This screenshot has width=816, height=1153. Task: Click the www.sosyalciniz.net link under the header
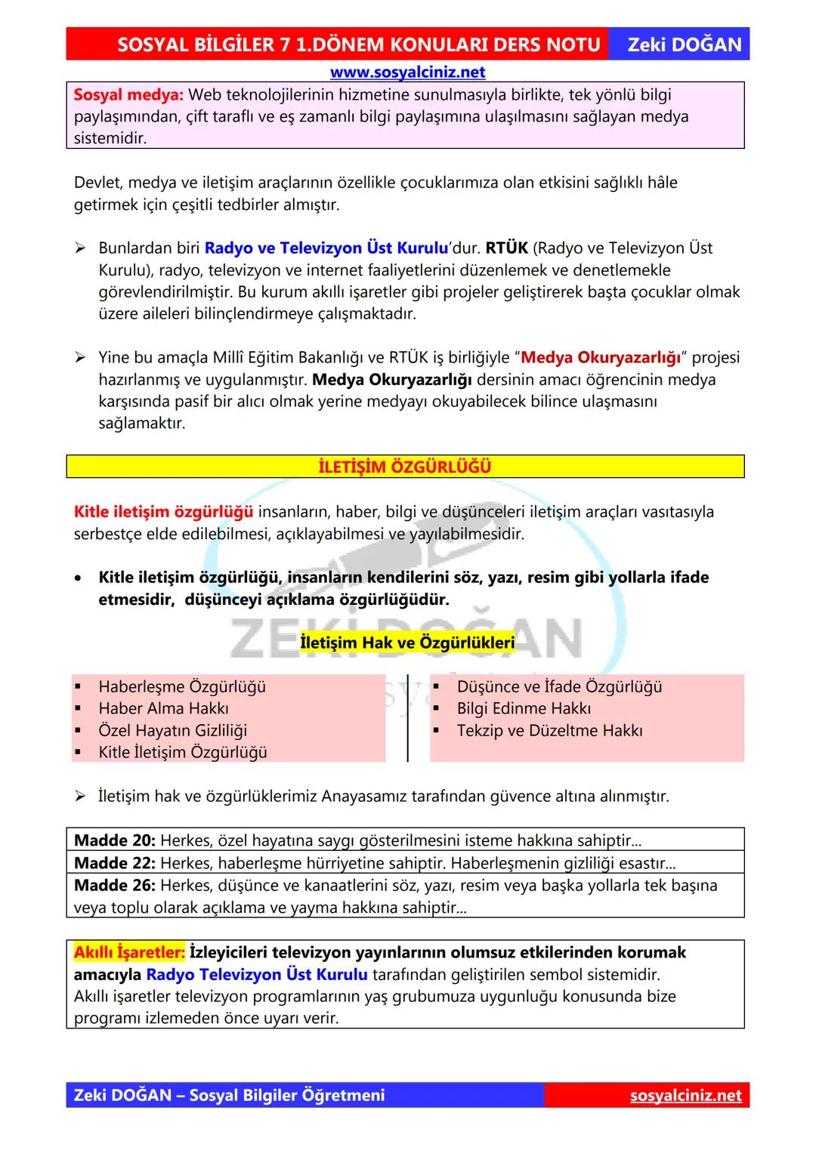(407, 72)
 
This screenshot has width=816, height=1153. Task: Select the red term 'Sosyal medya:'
(128, 95)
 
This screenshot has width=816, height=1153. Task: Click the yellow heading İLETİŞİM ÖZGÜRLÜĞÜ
(405, 467)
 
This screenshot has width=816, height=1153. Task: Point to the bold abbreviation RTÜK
(506, 248)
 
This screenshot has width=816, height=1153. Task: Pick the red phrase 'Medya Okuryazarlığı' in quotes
(601, 357)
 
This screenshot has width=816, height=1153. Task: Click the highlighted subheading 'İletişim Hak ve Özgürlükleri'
(407, 643)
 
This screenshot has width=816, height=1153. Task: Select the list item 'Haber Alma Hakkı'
(163, 708)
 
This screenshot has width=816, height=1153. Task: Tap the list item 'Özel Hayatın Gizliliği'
(172, 730)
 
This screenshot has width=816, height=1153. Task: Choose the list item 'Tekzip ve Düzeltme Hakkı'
(549, 730)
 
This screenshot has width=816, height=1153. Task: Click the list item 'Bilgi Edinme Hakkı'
(524, 708)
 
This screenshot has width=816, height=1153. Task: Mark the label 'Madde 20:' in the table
(115, 840)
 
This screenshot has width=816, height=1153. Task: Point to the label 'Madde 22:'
(115, 862)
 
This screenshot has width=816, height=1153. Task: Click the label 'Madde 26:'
(115, 885)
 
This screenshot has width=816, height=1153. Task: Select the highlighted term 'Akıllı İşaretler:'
(129, 952)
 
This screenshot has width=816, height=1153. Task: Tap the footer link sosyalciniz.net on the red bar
(685, 1096)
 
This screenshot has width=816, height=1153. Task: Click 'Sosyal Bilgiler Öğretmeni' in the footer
(287, 1096)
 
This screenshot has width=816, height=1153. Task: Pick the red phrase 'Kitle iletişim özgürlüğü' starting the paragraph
(163, 512)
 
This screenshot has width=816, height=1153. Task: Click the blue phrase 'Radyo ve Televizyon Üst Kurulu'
(326, 248)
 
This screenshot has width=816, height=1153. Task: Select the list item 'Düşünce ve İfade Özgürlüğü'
(559, 686)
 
